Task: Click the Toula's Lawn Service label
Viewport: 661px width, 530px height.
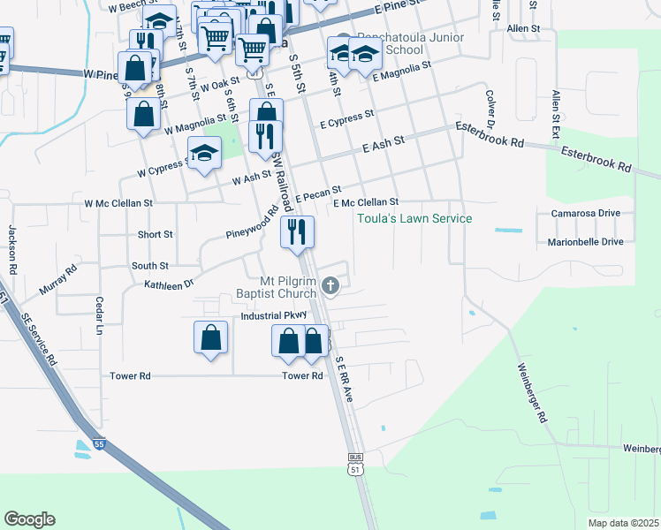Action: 414,218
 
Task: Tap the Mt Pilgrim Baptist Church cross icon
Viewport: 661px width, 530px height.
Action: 330,284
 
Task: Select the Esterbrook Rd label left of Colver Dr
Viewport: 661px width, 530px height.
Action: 490,134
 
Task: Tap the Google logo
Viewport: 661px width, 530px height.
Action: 29,519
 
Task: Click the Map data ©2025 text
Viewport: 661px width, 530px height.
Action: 622,523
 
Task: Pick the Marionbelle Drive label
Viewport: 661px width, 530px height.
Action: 585,241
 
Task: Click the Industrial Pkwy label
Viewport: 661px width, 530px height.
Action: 273,315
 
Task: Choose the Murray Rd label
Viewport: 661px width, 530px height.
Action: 58,277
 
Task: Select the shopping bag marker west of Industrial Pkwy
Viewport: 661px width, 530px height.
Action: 210,337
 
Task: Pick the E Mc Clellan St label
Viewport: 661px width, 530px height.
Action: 367,202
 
